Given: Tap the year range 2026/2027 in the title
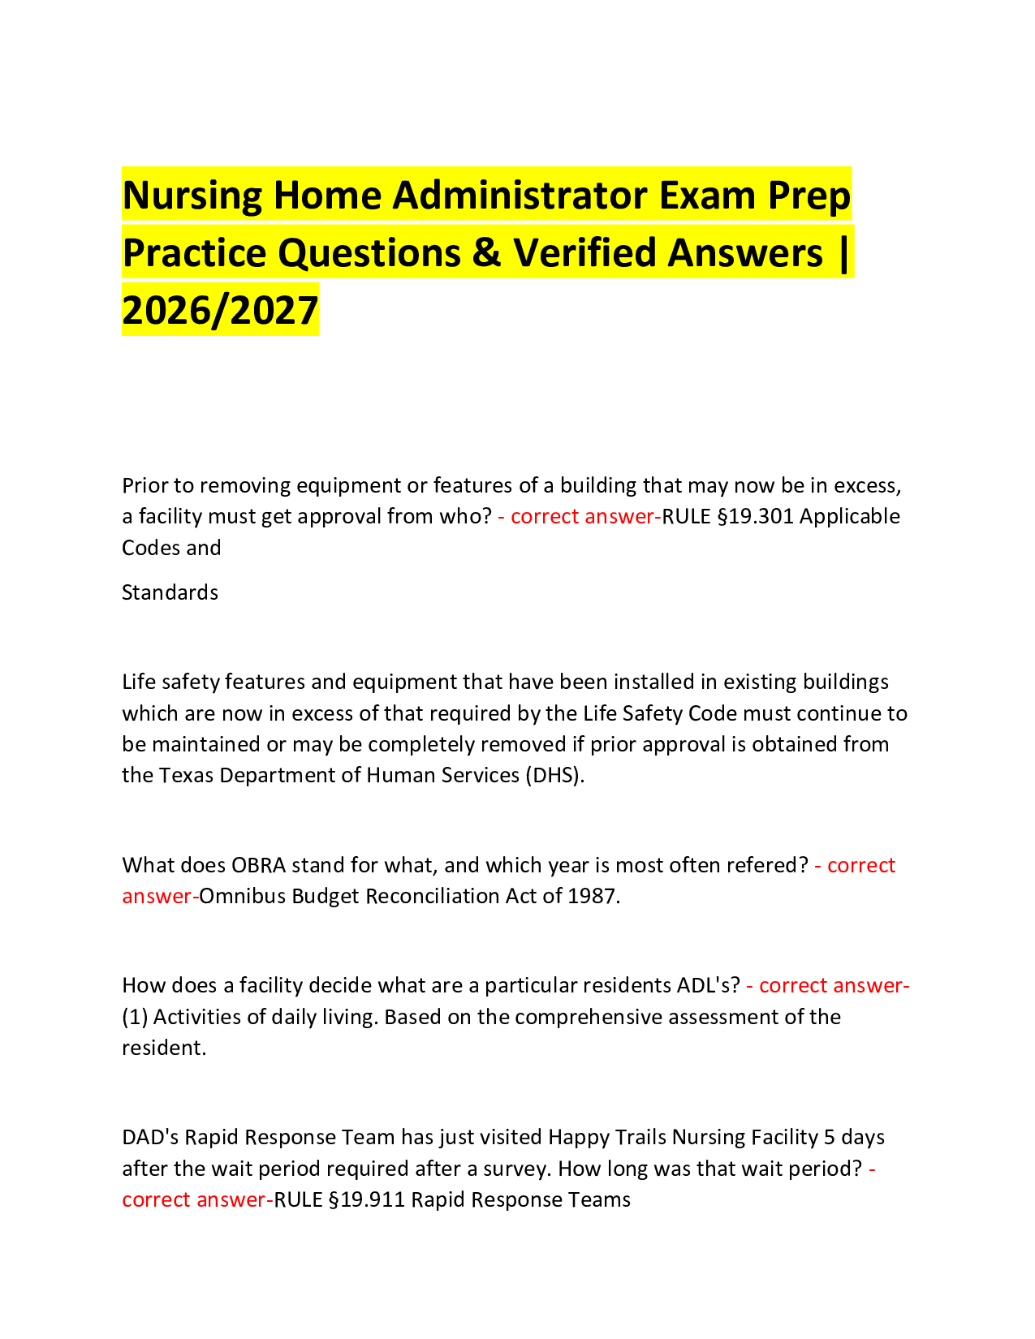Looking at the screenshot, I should (220, 310).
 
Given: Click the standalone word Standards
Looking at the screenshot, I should (170, 592).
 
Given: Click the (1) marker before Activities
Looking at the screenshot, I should (135, 1017).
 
